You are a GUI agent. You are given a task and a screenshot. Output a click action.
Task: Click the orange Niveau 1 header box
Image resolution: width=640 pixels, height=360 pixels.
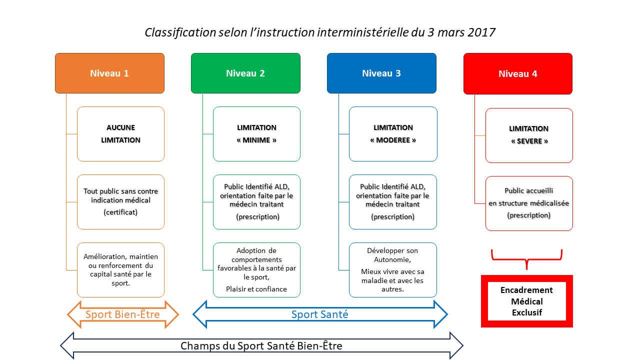click(x=109, y=73)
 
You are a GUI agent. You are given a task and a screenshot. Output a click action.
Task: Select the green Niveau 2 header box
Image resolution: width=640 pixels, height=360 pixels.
click(x=245, y=73)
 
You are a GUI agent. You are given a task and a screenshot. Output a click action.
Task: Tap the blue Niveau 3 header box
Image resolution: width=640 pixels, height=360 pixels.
click(x=381, y=73)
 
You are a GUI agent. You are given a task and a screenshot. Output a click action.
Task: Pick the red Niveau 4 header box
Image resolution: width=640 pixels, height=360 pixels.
click(x=518, y=73)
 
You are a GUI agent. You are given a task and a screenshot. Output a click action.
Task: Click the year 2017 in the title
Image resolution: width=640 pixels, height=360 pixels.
click(x=481, y=32)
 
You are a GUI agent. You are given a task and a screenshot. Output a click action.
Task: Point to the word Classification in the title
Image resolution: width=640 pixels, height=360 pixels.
click(x=180, y=32)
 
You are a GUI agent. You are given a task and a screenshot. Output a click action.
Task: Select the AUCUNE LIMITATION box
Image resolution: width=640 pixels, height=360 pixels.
click(x=120, y=134)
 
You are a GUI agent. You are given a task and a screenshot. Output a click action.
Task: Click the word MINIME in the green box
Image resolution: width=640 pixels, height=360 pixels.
click(x=256, y=140)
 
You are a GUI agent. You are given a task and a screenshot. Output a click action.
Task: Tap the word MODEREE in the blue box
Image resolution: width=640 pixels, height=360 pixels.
click(x=393, y=140)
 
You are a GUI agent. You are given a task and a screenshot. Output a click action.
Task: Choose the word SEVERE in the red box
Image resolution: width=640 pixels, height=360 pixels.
click(x=529, y=141)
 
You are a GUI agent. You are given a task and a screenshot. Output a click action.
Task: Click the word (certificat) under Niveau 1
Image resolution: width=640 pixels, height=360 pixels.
click(x=120, y=212)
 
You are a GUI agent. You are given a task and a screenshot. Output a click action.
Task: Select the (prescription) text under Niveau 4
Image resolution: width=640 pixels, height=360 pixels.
click(x=529, y=215)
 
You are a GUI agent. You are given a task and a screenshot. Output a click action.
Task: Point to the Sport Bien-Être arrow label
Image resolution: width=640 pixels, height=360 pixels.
click(x=122, y=314)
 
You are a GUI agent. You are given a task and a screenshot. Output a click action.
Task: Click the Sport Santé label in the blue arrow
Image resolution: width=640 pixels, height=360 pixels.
click(x=319, y=314)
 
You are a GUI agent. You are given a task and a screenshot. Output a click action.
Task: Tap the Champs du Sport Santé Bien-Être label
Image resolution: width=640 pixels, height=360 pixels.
click(x=261, y=345)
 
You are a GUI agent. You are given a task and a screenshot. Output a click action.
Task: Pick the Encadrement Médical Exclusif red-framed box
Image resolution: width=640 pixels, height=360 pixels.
click(x=527, y=301)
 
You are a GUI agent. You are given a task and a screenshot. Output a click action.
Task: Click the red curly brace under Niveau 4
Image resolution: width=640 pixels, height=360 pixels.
click(x=527, y=259)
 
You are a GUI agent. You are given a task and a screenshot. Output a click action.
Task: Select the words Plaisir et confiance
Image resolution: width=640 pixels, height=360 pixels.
click(x=256, y=289)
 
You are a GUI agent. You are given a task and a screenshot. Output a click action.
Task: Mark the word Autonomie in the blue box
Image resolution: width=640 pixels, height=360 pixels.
click(x=392, y=259)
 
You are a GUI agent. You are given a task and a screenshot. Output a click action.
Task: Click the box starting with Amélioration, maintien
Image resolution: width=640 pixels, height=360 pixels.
click(x=120, y=270)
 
